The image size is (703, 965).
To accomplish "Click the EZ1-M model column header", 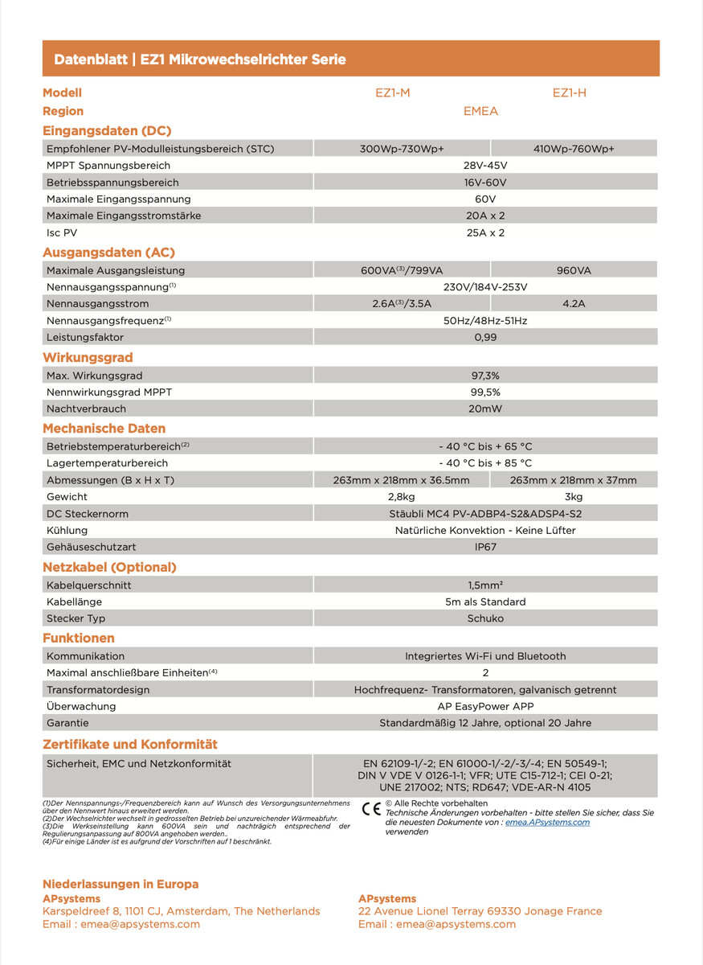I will click(392, 92).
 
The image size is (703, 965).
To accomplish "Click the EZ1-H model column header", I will click(569, 92).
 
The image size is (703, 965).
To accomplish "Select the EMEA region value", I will click(480, 111).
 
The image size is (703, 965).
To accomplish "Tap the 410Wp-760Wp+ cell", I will click(574, 149).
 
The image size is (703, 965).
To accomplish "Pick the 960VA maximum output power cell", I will click(574, 271).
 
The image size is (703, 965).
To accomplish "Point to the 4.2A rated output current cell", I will click(574, 304).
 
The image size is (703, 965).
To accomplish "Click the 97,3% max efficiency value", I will click(485, 376).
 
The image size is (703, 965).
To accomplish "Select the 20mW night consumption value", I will click(485, 409).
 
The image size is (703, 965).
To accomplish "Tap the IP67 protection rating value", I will click(485, 547).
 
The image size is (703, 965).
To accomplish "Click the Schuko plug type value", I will click(485, 618).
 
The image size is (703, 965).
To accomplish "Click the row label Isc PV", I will click(63, 232).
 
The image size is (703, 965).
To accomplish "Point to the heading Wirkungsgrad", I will click(88, 357).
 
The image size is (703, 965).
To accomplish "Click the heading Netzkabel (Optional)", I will click(109, 567).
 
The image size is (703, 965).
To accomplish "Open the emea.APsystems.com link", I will click(547, 822).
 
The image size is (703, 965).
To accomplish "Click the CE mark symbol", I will click(372, 809).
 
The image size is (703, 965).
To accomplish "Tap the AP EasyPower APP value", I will click(485, 706).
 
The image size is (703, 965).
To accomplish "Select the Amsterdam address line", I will click(181, 911).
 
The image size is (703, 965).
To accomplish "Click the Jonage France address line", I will click(480, 911).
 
